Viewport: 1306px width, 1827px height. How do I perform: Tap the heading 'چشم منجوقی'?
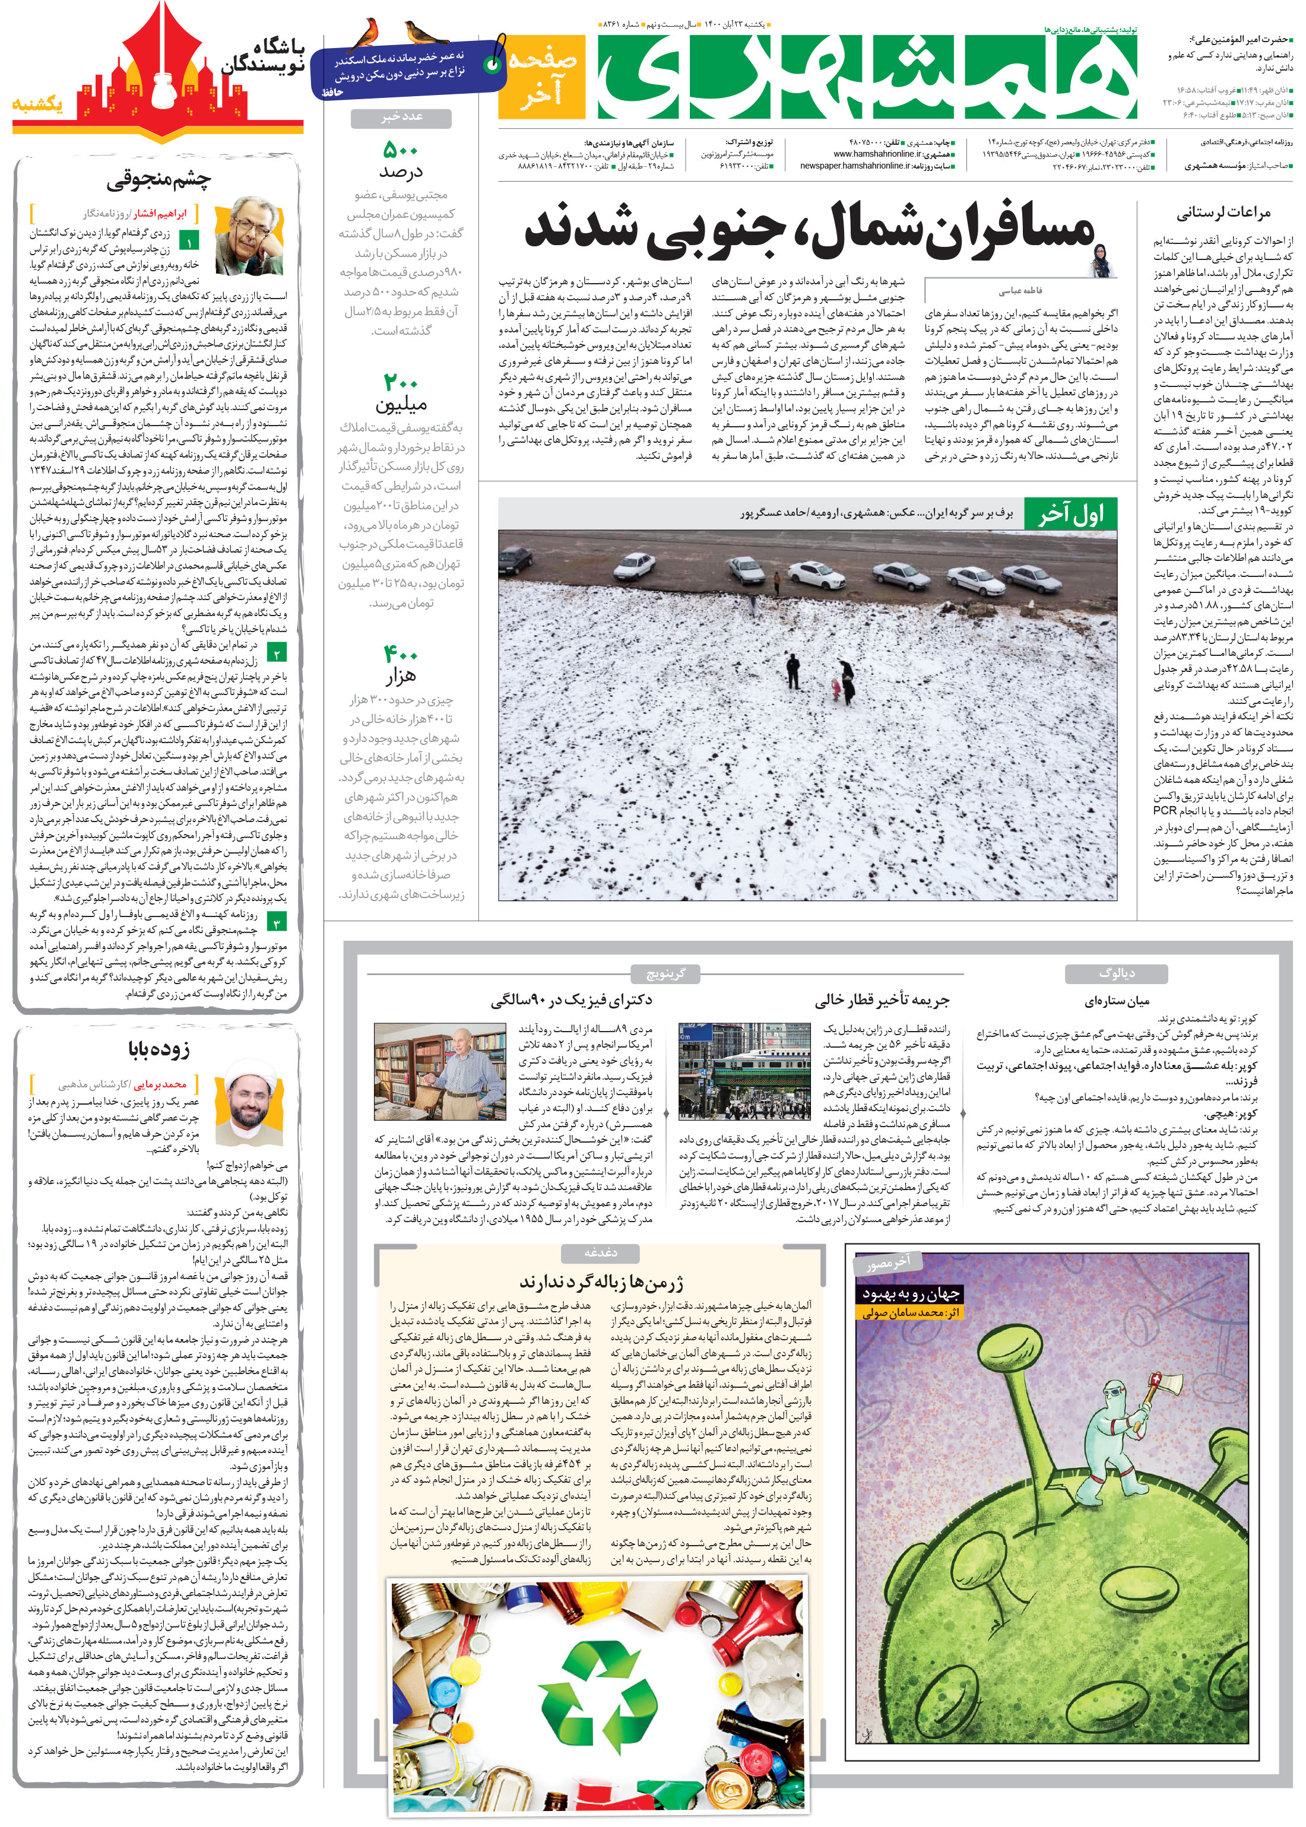tap(159, 180)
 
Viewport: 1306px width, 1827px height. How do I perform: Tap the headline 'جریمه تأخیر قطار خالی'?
tap(882, 1000)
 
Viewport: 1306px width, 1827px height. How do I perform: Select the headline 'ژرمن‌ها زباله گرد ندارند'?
tap(601, 1281)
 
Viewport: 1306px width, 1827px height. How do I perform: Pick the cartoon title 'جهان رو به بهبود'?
tap(911, 1294)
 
